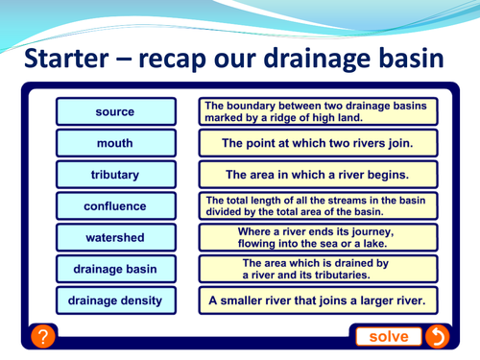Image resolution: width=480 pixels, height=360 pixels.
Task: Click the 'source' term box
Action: coord(115,112)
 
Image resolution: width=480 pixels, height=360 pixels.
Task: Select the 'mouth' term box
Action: coord(115,144)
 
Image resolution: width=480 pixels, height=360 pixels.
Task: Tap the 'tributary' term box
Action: coord(115,176)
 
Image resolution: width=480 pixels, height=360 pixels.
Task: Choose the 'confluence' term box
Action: coord(115,206)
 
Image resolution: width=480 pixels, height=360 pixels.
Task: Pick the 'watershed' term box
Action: coord(115,237)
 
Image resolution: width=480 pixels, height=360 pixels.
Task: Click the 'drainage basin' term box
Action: coord(115,269)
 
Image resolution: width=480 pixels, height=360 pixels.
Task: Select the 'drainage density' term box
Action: coord(115,300)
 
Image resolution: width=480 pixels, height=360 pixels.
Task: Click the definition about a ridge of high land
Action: coord(318,111)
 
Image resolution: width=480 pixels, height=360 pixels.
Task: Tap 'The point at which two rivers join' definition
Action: coord(318,144)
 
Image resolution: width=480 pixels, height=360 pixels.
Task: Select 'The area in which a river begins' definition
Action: coord(318,176)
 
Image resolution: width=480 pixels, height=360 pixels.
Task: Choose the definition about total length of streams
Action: coord(318,205)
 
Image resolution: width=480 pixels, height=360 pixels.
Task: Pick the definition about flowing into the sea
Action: coord(318,237)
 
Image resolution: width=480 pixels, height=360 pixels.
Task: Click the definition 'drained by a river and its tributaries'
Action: coord(318,269)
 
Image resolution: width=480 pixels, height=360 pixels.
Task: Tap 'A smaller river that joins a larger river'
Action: coord(318,300)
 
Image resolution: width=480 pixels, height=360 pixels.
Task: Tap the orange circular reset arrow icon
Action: coord(436,336)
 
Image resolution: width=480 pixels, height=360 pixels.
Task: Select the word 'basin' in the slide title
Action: coord(411,59)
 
